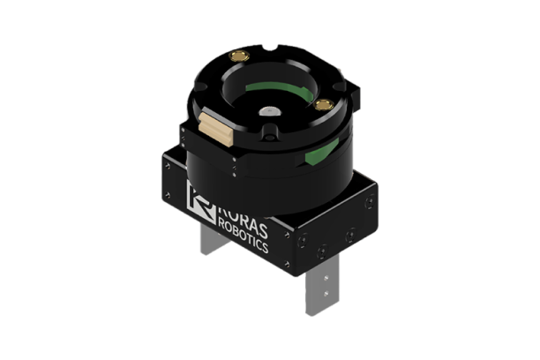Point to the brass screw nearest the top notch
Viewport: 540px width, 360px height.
pyautogui.click(x=236, y=56)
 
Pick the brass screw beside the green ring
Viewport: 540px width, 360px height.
pyautogui.click(x=324, y=105)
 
